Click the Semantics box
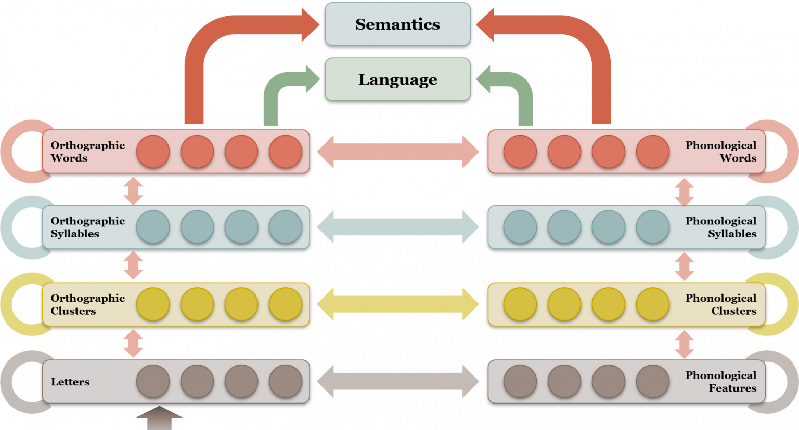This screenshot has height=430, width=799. pyautogui.click(x=397, y=24)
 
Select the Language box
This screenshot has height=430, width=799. pyautogui.click(x=397, y=79)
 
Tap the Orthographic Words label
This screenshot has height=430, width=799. pyautogui.click(x=87, y=152)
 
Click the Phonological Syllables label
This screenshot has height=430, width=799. pyautogui.click(x=720, y=227)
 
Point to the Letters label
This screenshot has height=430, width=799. pyautogui.click(x=70, y=382)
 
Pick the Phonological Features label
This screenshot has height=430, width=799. pyautogui.click(x=720, y=382)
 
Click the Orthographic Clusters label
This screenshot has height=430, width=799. pyautogui.click(x=87, y=304)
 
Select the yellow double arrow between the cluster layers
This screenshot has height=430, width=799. pyautogui.click(x=398, y=304)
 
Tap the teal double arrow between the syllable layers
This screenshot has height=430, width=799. pyautogui.click(x=398, y=227)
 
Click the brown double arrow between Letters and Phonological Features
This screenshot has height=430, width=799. pyautogui.click(x=398, y=382)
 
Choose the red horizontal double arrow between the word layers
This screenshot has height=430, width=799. pyautogui.click(x=398, y=152)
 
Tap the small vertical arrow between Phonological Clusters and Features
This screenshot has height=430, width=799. pyautogui.click(x=684, y=344)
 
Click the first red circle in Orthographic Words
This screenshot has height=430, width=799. pyautogui.click(x=153, y=152)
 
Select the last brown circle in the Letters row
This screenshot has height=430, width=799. pyautogui.click(x=286, y=382)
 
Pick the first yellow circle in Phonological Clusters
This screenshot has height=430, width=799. pyautogui.click(x=520, y=304)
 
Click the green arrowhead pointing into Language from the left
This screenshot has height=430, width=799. pyautogui.click(x=312, y=79)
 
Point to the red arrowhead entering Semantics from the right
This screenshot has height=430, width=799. pyautogui.click(x=485, y=24)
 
